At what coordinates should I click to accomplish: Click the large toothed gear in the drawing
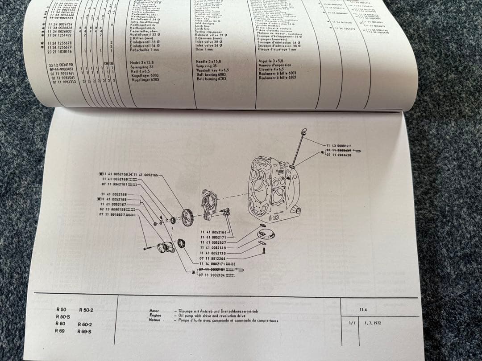point(187,217)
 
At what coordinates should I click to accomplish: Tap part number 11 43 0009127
point(338,146)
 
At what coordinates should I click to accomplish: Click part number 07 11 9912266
point(213,258)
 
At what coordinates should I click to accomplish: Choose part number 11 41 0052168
point(114,194)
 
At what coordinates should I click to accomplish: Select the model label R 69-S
point(84,332)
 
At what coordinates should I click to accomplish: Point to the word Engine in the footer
point(155,315)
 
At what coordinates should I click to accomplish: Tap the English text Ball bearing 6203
point(212,79)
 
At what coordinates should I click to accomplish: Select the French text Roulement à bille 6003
point(277,73)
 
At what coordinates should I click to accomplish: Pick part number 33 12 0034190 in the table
point(60,65)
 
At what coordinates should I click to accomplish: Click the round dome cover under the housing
point(266,233)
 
